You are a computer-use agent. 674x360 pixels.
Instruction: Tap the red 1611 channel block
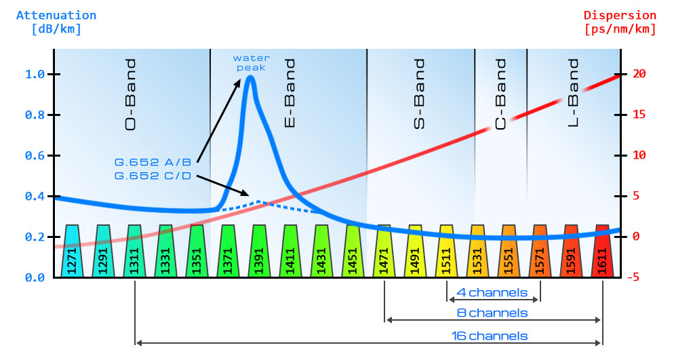tap(602, 252)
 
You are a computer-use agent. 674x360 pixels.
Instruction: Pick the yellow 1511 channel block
tap(446, 252)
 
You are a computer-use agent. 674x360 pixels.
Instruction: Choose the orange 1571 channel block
tap(540, 252)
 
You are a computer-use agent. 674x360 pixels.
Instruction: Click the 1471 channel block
tap(384, 252)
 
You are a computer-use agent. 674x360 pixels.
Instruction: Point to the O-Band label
tap(131, 94)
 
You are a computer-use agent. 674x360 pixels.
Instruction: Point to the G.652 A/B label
tap(153, 162)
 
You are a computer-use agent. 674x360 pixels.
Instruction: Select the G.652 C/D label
tap(153, 176)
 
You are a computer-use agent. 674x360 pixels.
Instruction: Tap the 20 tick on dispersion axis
tap(637, 75)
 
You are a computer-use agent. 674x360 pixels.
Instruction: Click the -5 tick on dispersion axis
tap(637, 277)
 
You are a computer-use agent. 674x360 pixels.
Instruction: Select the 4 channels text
tap(492, 294)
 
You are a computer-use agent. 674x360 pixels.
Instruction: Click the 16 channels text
tap(490, 336)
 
